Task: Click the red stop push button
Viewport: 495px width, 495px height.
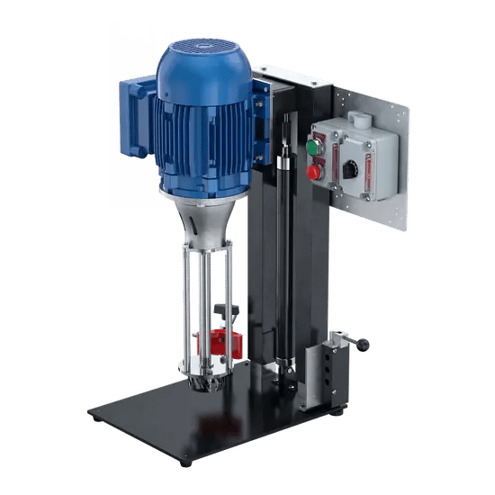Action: click(x=315, y=169)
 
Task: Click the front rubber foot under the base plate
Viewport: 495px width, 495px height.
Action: click(x=185, y=460)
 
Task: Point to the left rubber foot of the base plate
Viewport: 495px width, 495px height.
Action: click(x=95, y=417)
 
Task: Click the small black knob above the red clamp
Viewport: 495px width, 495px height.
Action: click(x=228, y=311)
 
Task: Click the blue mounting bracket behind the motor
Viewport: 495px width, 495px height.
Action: click(x=260, y=117)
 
